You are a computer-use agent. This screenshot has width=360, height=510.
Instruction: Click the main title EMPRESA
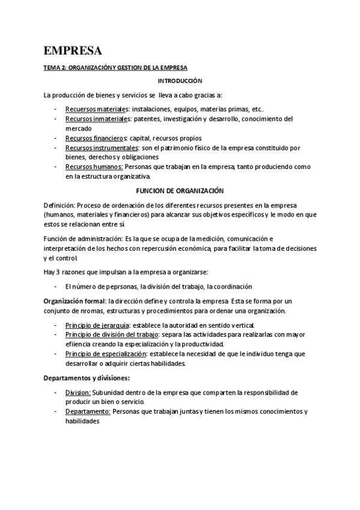[x=73, y=50]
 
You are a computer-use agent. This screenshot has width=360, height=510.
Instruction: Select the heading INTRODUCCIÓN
[x=180, y=81]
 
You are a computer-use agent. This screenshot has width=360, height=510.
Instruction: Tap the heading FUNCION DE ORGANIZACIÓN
[x=180, y=191]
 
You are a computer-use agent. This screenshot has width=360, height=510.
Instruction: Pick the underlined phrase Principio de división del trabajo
[x=112, y=334]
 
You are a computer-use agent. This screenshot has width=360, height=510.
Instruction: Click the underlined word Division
[x=78, y=392]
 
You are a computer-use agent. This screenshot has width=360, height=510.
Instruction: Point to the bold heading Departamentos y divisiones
[x=87, y=378]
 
